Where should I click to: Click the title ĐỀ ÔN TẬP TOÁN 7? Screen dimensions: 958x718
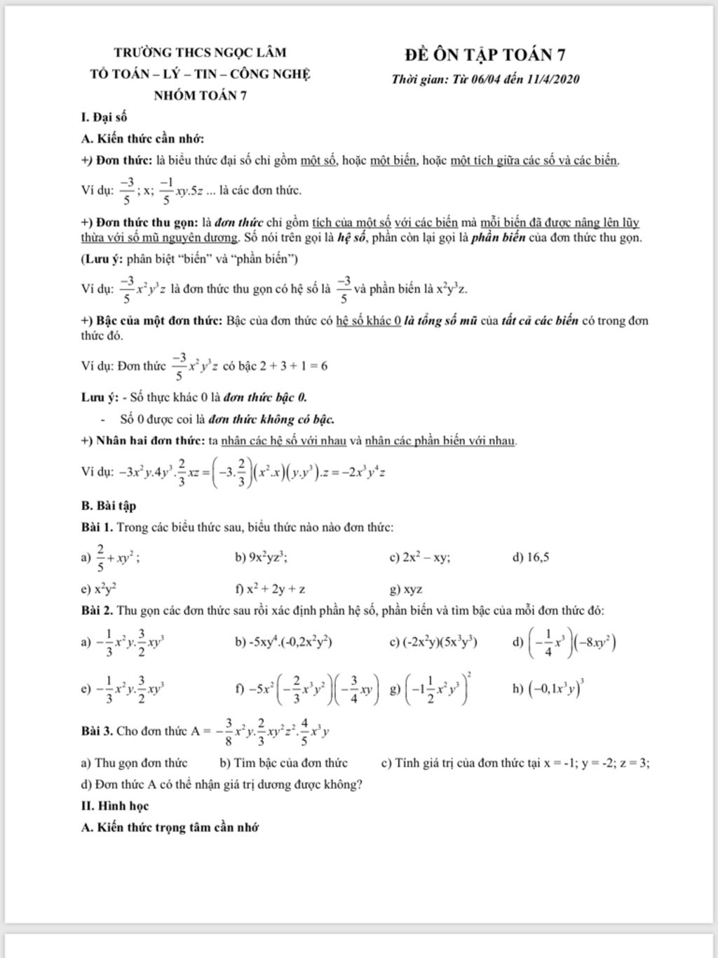point(485,55)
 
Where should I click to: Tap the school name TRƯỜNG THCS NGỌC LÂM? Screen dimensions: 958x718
point(201,53)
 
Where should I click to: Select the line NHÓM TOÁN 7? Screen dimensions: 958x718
point(200,96)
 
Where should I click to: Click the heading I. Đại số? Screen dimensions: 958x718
point(104,117)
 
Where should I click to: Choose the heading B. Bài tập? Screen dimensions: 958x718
point(109,505)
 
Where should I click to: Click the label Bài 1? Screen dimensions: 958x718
point(97,527)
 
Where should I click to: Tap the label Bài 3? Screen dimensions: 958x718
point(97,731)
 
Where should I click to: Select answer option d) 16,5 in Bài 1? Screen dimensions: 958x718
point(531,558)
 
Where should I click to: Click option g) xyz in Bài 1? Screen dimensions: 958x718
point(406,590)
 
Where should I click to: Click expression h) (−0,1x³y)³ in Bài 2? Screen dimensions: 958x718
point(550,688)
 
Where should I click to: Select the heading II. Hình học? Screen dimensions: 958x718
point(115,806)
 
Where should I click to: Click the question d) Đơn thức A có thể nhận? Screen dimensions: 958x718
point(222,784)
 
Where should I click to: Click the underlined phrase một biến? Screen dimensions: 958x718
point(395,161)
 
